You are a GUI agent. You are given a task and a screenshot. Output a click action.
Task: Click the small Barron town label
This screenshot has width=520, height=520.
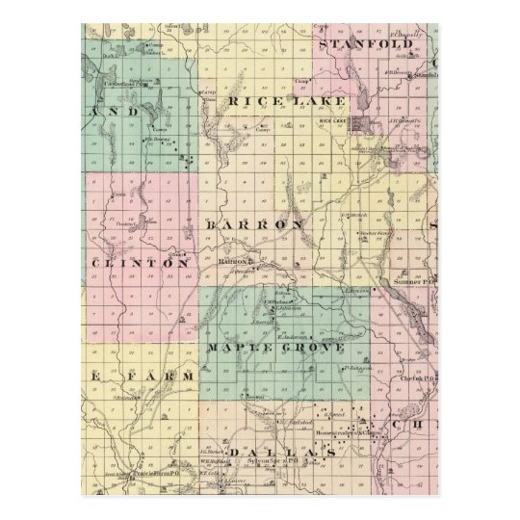(x=233, y=261)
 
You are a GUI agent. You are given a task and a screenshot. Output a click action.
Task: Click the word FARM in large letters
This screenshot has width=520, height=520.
(x=158, y=374)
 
